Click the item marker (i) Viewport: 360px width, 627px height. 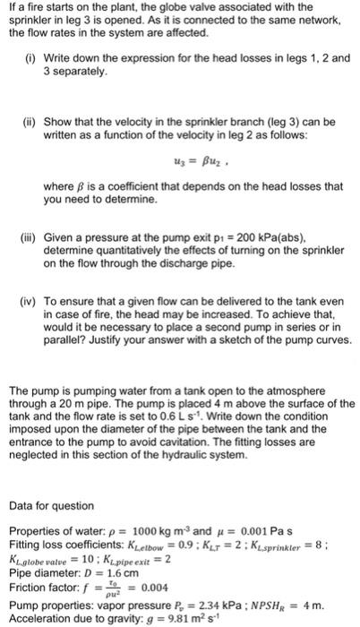click(29, 58)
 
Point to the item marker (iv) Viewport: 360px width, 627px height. click(30, 292)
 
